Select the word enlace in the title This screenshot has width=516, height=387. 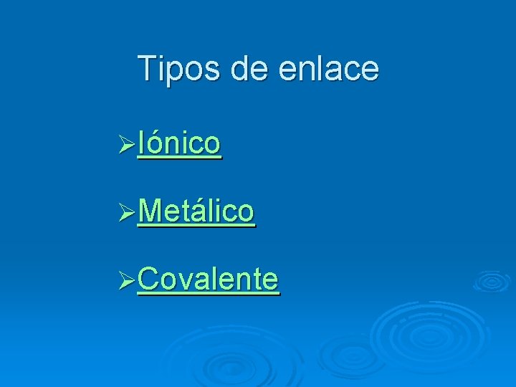[x=328, y=69]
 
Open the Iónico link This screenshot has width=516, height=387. [x=178, y=143]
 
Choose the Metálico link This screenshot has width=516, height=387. [x=196, y=211]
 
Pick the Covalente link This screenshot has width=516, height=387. [x=208, y=278]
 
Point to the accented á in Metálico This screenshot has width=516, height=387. [x=201, y=210]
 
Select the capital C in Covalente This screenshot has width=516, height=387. [x=148, y=278]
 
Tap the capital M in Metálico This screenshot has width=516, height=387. [x=150, y=211]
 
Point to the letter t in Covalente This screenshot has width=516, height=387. [x=255, y=278]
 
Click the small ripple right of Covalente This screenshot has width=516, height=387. [x=491, y=281]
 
